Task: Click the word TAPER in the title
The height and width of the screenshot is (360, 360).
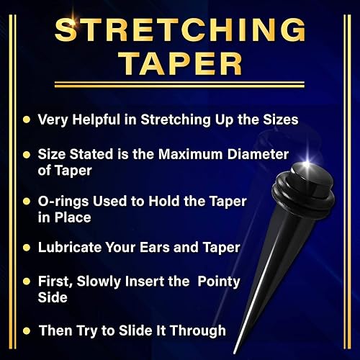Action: [x=179, y=64]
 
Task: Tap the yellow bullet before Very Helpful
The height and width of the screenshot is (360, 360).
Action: [x=27, y=118]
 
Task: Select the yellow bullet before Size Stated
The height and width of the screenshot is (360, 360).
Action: [x=27, y=155]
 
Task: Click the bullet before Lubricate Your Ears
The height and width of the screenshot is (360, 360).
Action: [x=27, y=248]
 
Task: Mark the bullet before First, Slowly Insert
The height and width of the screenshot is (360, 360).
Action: [x=27, y=282]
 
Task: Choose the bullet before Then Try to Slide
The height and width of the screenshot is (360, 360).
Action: [x=27, y=330]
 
